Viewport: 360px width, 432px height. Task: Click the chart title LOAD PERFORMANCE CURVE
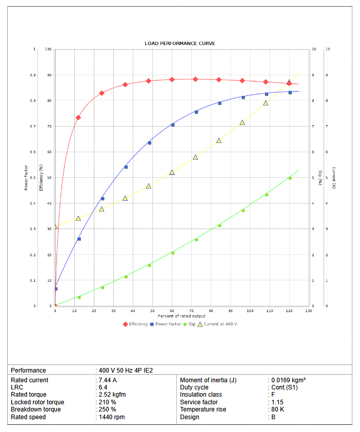pos(180,44)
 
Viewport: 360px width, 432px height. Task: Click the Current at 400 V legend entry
pos(221,324)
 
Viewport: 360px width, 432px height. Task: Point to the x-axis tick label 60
pos(172,311)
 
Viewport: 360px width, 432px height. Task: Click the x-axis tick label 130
pos(309,311)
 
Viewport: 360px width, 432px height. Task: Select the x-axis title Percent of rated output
pos(182,316)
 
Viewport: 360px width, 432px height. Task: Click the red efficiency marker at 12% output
pos(78,117)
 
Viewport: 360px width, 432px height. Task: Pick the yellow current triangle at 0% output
pos(55,226)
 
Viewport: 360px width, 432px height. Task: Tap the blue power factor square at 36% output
pos(126,167)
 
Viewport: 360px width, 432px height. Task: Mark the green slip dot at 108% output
pos(267,195)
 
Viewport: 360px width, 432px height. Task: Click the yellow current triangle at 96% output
pos(242,122)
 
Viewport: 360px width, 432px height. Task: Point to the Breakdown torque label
pos(36,409)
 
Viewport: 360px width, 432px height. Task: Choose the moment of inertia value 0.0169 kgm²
pos(289,380)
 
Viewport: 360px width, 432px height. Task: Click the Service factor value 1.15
pos(277,402)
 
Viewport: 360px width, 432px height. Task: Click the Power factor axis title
pos(26,177)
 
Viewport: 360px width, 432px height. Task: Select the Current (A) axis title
pos(334,177)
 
